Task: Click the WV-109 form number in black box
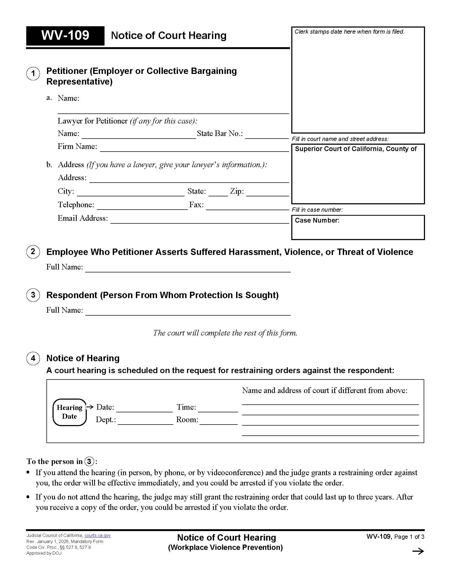[65, 36]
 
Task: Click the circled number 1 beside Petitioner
[33, 74]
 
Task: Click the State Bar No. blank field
[267, 135]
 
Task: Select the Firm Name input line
[194, 148]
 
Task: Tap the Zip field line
[267, 193]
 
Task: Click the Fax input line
[247, 207]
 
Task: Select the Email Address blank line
[200, 220]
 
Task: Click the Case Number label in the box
[317, 220]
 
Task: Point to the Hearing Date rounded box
[70, 412]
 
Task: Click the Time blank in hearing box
[218, 409]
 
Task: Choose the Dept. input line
[145, 421]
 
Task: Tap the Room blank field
[218, 421]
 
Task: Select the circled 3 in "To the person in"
[89, 462]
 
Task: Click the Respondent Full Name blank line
[188, 312]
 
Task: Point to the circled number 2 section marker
[33, 252]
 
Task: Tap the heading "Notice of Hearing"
[83, 358]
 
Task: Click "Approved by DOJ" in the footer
[44, 553]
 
